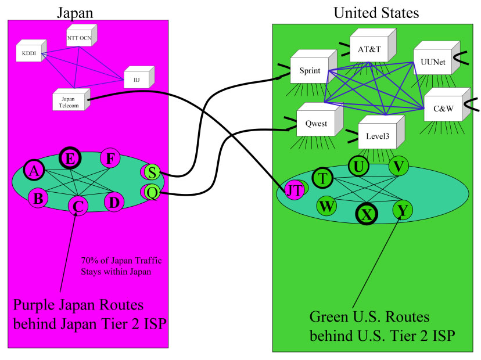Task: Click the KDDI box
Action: (x=27, y=54)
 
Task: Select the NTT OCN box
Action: (x=79, y=39)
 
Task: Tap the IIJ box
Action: (x=136, y=77)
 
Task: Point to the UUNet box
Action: (x=432, y=64)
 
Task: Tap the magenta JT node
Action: (x=293, y=190)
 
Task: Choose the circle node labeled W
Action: (x=326, y=205)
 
